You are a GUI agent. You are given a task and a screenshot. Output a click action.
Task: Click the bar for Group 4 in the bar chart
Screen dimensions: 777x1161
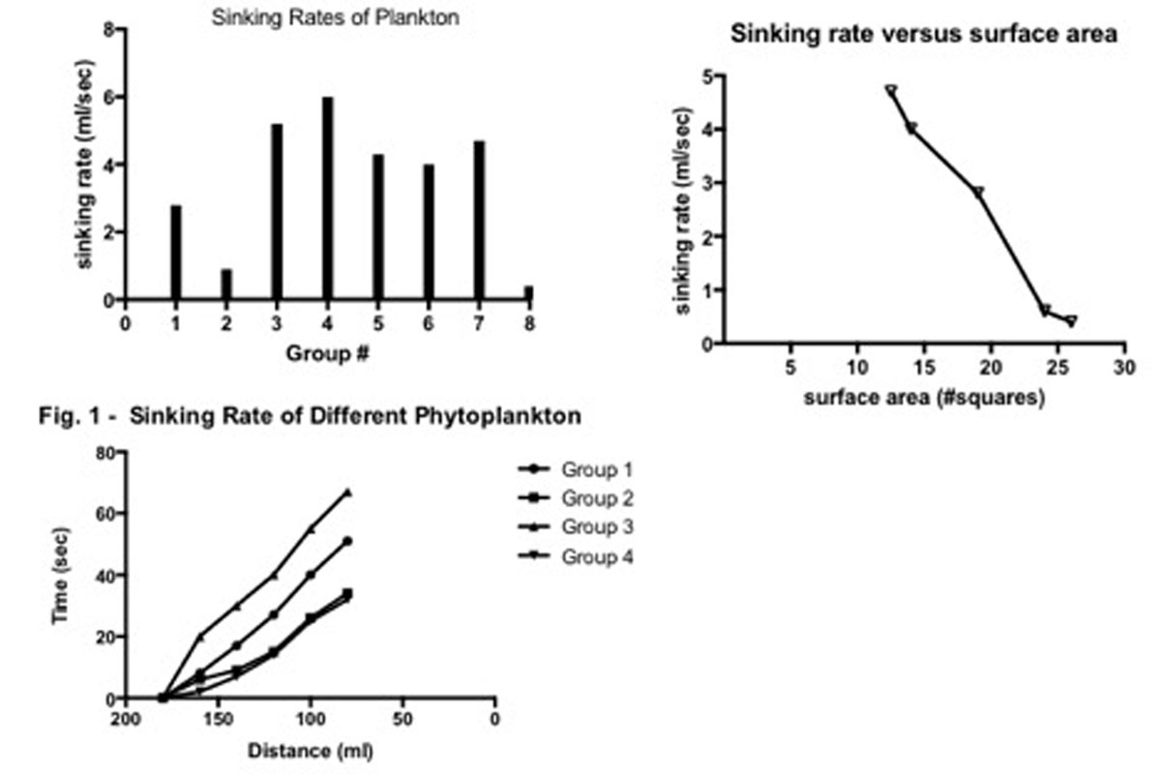[327, 198]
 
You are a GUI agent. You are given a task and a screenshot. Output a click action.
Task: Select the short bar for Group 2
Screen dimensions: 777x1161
[226, 284]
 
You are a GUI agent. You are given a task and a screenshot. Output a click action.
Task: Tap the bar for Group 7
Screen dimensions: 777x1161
[479, 221]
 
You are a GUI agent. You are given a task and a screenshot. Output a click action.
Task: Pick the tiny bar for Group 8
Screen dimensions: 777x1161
[528, 293]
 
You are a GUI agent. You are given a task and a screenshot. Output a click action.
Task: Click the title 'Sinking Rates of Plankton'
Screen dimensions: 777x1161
[309, 16]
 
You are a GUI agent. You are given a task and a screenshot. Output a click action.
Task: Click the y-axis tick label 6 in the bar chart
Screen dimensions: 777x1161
[110, 98]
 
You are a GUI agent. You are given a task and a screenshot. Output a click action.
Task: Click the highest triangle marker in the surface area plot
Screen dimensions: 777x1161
[891, 91]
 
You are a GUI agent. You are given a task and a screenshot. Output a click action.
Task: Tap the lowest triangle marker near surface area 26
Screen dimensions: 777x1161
[1071, 321]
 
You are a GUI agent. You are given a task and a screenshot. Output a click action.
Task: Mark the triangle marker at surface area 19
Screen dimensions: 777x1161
[978, 193]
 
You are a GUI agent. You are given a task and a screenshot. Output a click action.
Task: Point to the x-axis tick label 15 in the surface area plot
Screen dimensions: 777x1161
[923, 369]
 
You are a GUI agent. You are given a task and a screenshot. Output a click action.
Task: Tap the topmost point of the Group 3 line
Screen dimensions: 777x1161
[347, 493]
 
